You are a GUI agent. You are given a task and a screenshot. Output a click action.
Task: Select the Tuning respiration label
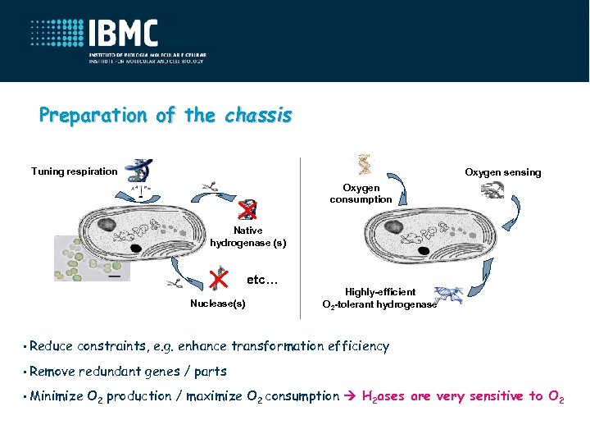[x=74, y=171]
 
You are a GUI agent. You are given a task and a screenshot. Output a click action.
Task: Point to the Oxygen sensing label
[x=502, y=172]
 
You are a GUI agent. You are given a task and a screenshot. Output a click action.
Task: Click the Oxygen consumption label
[x=361, y=194]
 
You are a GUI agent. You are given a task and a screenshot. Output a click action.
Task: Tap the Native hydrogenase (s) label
[x=247, y=237]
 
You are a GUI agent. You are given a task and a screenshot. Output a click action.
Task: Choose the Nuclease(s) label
[x=217, y=304]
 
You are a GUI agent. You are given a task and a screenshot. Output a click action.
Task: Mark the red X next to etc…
[x=217, y=278]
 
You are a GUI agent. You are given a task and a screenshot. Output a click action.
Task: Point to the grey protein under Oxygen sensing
[x=492, y=190]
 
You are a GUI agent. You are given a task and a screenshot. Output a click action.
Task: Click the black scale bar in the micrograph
[x=114, y=276]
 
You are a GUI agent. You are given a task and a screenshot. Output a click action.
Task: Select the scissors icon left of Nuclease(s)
[x=175, y=284]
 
